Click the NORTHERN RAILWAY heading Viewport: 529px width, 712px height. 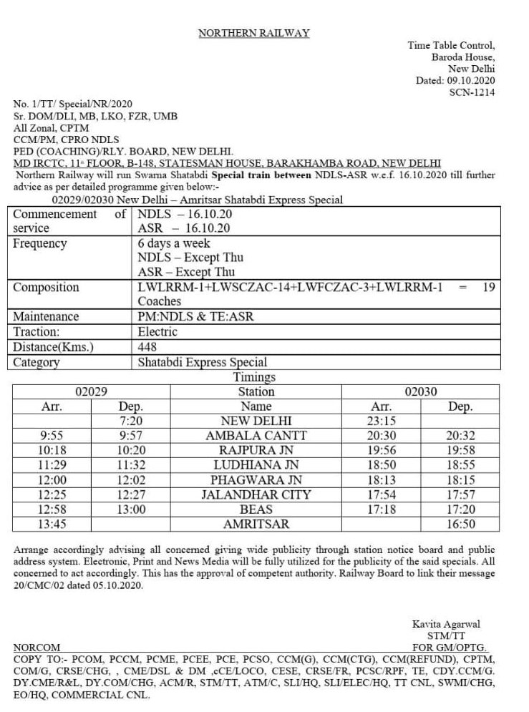click(253, 33)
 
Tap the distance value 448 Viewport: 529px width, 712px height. click(147, 347)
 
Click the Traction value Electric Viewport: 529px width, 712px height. click(157, 332)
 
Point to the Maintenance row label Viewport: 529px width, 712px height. click(46, 317)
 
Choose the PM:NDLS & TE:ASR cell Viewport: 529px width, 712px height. click(195, 317)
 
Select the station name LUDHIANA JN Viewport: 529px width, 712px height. click(256, 464)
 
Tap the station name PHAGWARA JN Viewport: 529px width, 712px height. click(256, 479)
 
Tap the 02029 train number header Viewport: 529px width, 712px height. click(92, 391)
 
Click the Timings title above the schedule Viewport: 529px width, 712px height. click(254, 376)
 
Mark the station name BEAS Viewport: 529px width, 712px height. click(256, 509)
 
